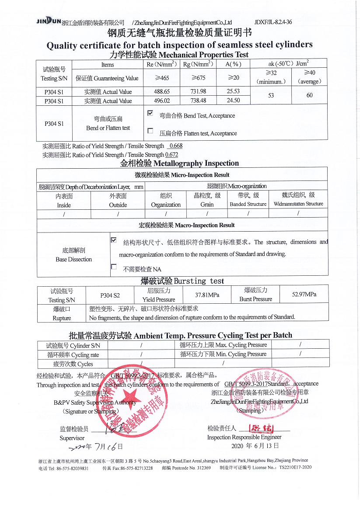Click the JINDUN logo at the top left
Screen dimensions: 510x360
pos(49,21)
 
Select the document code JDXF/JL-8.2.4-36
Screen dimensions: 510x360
pos(273,22)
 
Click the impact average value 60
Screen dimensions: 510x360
pos(309,95)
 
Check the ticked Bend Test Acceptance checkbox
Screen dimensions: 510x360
pos(150,113)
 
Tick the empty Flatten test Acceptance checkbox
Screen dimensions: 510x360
pos(150,131)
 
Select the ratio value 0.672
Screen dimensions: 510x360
pos(172,155)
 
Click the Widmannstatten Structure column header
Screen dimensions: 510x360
pos(298,199)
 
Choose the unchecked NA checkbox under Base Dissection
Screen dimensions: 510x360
pos(114,267)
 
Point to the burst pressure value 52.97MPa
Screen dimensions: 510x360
pos(304,294)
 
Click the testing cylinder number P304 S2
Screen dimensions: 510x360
pos(110,295)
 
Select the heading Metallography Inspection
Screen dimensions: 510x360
pos(180,163)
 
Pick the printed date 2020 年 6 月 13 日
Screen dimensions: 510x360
pos(255,446)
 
